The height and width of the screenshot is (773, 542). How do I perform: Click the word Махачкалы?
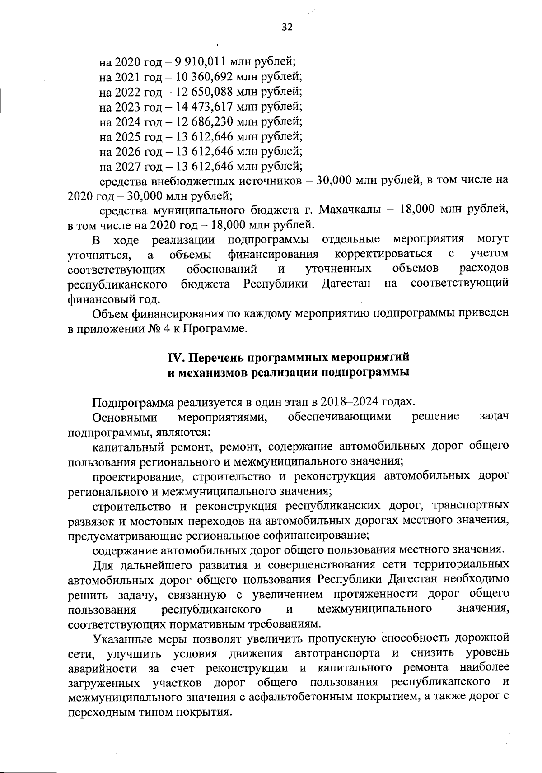tap(347, 210)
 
